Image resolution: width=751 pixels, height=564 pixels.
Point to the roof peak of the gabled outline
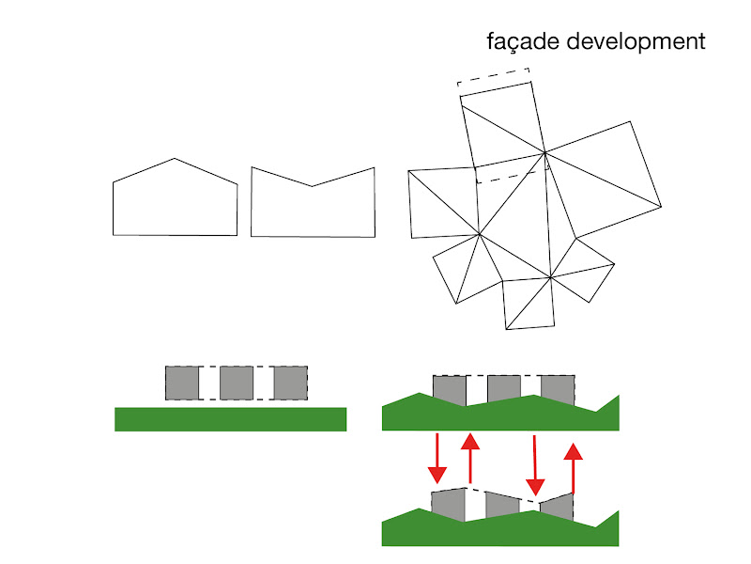[175, 159]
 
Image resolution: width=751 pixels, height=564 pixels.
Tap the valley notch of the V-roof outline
[312, 186]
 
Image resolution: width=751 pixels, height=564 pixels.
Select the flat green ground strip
[230, 419]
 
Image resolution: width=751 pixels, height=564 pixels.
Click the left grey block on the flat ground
[182, 383]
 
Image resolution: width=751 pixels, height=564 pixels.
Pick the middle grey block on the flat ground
[237, 383]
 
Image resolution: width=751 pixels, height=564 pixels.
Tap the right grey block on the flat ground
[290, 383]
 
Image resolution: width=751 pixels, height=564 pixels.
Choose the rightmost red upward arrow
[573, 467]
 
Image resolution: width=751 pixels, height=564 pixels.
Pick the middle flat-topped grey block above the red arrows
[504, 389]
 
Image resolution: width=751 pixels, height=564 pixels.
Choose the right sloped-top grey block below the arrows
[557, 508]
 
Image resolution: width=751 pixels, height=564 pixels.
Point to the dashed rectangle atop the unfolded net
[495, 77]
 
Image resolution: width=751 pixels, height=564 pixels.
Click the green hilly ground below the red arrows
[498, 532]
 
